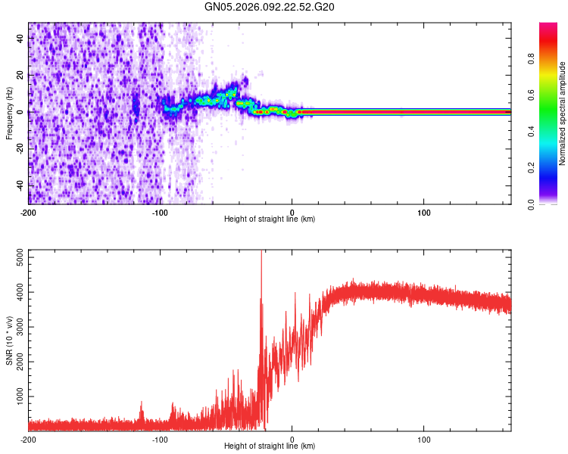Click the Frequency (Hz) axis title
coord(9,113)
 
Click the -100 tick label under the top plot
coord(159,210)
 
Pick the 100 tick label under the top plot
coord(424,210)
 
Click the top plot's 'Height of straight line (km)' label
coord(270,219)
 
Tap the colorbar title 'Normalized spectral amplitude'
coord(563,113)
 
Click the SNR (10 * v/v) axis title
coord(9,340)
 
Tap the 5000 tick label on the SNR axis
coord(15,258)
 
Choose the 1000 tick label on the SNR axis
coord(15,396)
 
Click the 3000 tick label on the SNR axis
coord(15,327)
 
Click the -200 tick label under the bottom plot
coord(28,439)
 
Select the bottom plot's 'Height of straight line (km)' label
coord(270,446)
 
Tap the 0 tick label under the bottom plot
coord(293,439)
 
